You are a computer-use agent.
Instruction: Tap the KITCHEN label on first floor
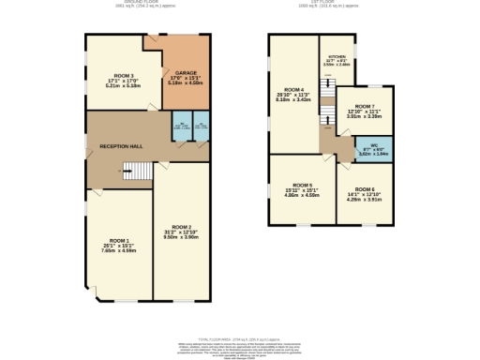click(336, 56)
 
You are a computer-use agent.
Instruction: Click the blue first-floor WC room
click(373, 149)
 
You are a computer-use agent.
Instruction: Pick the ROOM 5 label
click(301, 186)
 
